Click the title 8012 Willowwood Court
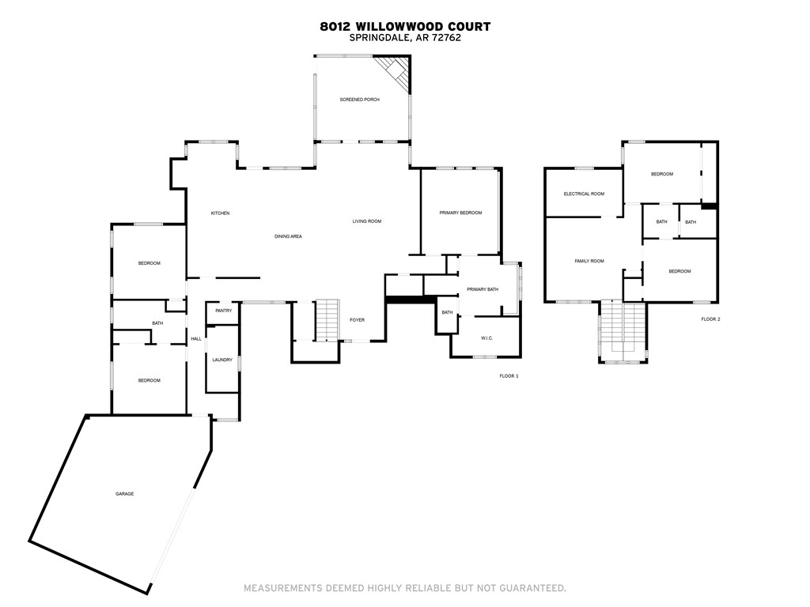(x=405, y=26)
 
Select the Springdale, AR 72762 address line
(x=405, y=37)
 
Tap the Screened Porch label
(x=360, y=100)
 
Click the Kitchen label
(x=220, y=213)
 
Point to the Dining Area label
(x=289, y=236)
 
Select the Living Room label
(x=367, y=221)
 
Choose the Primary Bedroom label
(x=460, y=213)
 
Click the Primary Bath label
(x=483, y=289)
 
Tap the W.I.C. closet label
(x=486, y=338)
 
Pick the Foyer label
(x=358, y=320)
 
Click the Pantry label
(x=223, y=311)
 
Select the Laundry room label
(x=222, y=360)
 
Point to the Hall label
(x=196, y=339)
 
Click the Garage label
(x=124, y=494)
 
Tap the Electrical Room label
(x=584, y=194)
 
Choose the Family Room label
(x=589, y=261)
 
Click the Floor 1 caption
(x=509, y=375)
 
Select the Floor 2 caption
(x=710, y=319)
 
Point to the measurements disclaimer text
(x=405, y=588)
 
